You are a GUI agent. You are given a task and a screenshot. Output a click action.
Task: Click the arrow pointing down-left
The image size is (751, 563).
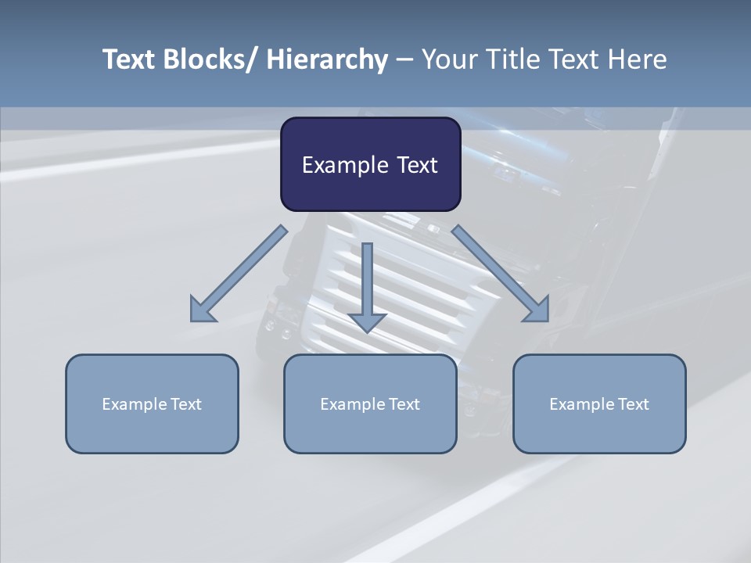(x=239, y=274)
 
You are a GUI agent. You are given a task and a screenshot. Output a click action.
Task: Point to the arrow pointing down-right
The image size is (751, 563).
(x=501, y=274)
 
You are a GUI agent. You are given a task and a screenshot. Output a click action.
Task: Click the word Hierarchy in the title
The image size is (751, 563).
(x=327, y=59)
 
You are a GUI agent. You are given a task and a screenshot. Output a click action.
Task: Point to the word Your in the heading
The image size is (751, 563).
(x=448, y=59)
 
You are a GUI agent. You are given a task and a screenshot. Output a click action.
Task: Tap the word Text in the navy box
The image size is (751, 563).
(x=416, y=166)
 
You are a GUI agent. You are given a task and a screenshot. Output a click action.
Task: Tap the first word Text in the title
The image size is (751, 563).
(x=129, y=59)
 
